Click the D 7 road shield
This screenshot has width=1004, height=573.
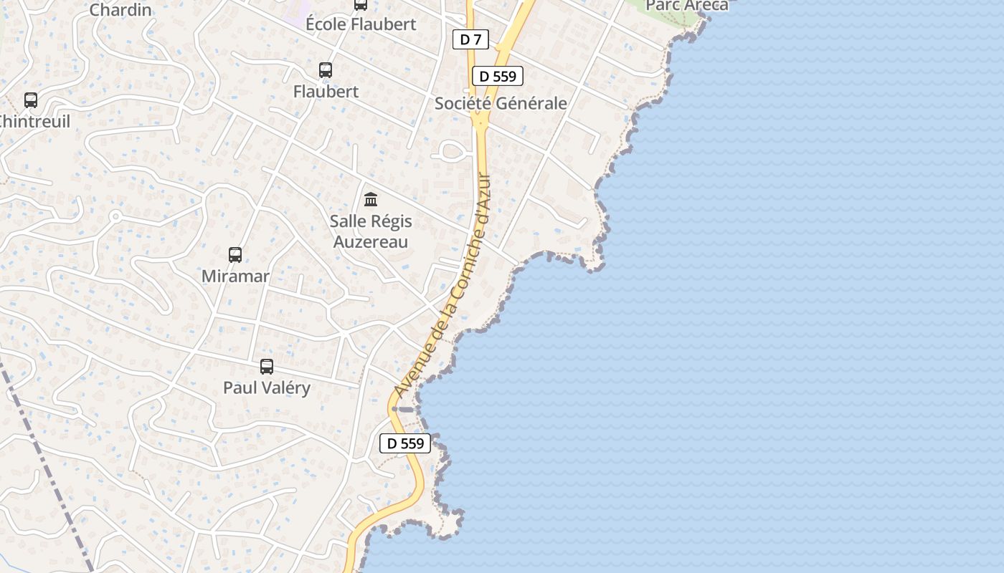click(x=470, y=39)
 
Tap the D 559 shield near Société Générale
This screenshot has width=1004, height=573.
click(x=497, y=76)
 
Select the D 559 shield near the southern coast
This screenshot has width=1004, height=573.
click(x=405, y=443)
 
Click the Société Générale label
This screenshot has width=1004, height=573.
click(x=501, y=103)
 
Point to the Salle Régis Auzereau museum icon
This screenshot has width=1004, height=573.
click(x=371, y=199)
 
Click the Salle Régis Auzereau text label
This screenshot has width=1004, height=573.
click(x=370, y=231)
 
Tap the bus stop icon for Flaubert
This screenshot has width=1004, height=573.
click(x=326, y=70)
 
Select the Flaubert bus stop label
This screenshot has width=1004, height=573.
click(x=326, y=92)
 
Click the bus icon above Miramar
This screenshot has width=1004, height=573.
click(x=235, y=254)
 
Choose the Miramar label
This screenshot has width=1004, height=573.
click(x=235, y=276)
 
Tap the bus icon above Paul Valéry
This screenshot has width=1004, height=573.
click(x=267, y=367)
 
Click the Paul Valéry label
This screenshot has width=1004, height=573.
click(x=267, y=387)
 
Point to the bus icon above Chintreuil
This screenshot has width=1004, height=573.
click(x=31, y=100)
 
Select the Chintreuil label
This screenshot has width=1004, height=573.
click(x=34, y=121)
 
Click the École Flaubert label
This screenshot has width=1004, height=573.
click(x=361, y=24)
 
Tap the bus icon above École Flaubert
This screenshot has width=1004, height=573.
click(x=361, y=5)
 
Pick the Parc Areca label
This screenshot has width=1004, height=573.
click(x=686, y=6)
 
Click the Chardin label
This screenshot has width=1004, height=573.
click(x=120, y=10)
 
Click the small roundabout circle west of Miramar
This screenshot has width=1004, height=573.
click(x=115, y=216)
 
